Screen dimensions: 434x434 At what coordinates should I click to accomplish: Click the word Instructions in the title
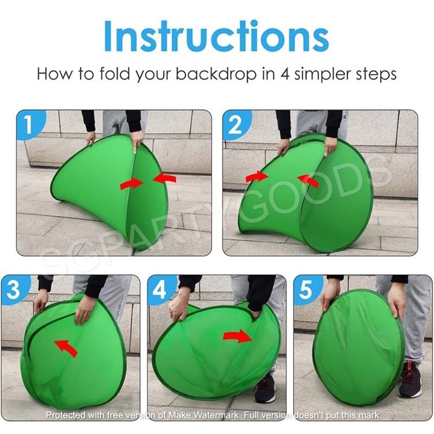tap(216, 36)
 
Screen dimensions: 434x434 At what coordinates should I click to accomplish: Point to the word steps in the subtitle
tap(374, 75)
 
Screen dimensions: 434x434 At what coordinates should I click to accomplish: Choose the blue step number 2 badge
tap(235, 124)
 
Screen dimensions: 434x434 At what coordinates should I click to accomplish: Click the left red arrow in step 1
tap(131, 183)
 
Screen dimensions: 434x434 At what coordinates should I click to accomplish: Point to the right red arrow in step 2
tap(308, 181)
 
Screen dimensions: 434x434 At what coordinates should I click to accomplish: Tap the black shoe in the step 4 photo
tap(265, 387)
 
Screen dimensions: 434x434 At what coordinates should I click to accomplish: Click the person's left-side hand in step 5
tap(329, 296)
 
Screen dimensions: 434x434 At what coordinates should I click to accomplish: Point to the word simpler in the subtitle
tap(320, 75)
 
